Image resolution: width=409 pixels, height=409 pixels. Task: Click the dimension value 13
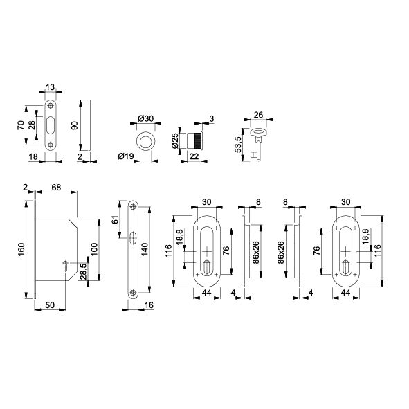click(51, 87)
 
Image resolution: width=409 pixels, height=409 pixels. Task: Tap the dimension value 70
click(21, 125)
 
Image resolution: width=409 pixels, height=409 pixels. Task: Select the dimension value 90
click(75, 125)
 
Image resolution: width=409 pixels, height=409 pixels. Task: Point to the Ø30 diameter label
click(145, 118)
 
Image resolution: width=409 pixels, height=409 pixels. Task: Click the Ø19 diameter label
click(126, 156)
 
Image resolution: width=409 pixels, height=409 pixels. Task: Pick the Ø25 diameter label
click(175, 141)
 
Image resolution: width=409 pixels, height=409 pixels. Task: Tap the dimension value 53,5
click(238, 145)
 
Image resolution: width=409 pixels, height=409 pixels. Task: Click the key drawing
click(257, 144)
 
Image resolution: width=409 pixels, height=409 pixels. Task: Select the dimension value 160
click(21, 249)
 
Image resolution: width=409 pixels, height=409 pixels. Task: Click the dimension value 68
click(56, 188)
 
